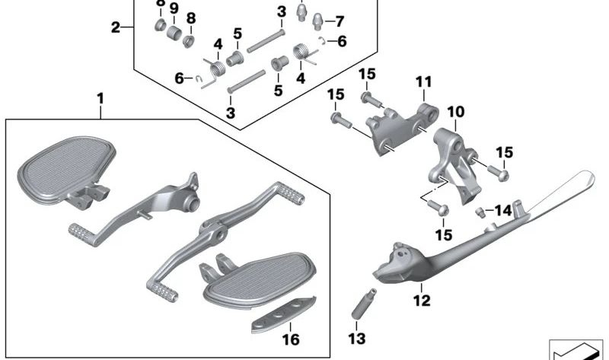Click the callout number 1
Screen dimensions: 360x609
[99, 99]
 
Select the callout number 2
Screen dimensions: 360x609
[116, 28]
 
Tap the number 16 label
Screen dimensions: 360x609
[290, 339]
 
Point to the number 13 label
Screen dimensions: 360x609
[357, 338]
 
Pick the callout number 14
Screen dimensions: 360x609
[503, 211]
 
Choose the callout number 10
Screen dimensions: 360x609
[455, 112]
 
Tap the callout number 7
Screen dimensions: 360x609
[339, 21]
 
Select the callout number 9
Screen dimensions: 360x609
[174, 8]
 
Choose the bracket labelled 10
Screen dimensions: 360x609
[452, 160]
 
